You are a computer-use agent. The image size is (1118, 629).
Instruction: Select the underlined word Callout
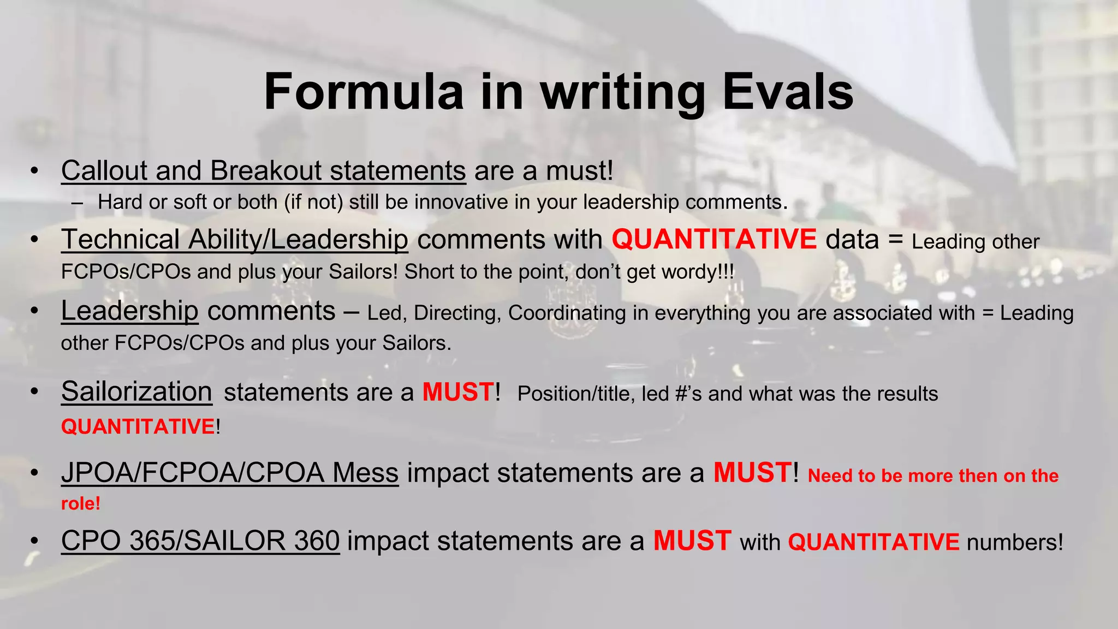pos(104,171)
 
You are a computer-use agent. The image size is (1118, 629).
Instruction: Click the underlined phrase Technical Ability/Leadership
pos(234,240)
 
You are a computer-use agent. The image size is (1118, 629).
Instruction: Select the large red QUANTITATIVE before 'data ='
pos(714,240)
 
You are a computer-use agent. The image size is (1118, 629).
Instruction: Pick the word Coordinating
pos(567,313)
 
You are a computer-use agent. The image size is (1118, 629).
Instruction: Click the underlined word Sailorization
pos(136,392)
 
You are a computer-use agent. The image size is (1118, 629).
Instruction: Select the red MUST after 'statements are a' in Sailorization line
pos(458,392)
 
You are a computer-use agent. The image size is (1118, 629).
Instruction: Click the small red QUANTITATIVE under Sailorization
pos(138,426)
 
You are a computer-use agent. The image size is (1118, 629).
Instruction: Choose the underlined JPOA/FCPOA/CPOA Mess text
pos(230,473)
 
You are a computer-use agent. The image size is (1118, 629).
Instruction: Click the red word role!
pos(80,503)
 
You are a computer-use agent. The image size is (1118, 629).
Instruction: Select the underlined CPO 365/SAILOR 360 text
pos(200,541)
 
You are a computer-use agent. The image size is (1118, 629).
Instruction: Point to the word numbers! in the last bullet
pos(1015,542)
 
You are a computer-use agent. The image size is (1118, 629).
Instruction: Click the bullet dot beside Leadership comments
pos(34,311)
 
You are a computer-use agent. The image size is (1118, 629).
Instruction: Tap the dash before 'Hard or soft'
pos(77,203)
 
